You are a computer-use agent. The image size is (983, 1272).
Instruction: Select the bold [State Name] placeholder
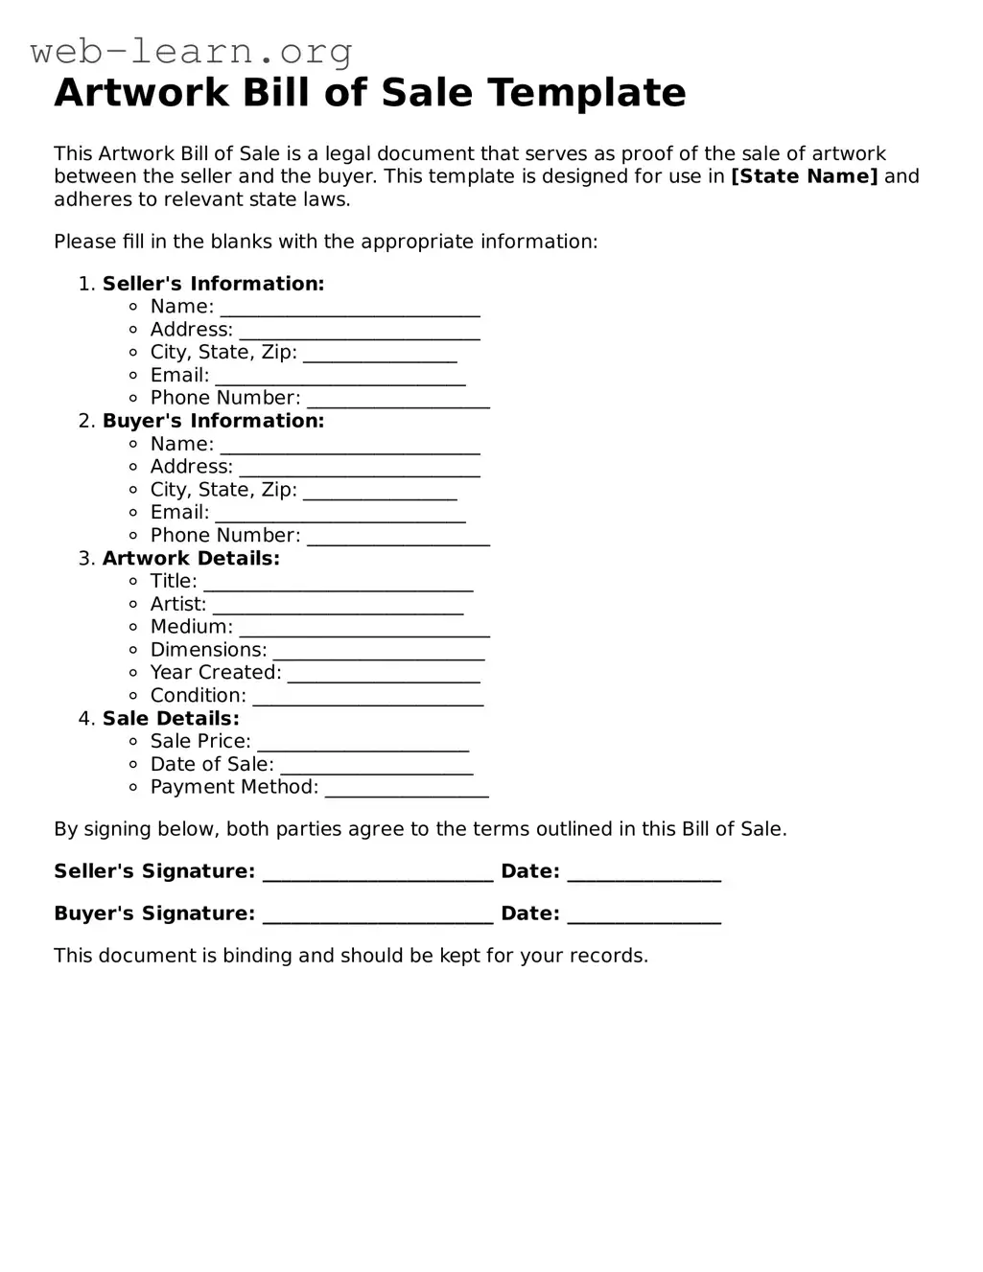click(x=804, y=176)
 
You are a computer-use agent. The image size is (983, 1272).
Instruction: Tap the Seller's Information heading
click(x=213, y=284)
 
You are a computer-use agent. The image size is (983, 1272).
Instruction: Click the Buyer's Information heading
click(x=213, y=421)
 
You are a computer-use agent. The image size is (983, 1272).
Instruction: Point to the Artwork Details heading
click(x=191, y=558)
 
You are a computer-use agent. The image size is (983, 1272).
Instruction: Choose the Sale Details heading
click(x=171, y=718)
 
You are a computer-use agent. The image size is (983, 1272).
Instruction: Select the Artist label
click(x=178, y=604)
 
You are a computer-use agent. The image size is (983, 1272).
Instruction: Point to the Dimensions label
click(x=208, y=650)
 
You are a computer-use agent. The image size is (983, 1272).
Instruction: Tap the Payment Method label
click(x=234, y=787)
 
